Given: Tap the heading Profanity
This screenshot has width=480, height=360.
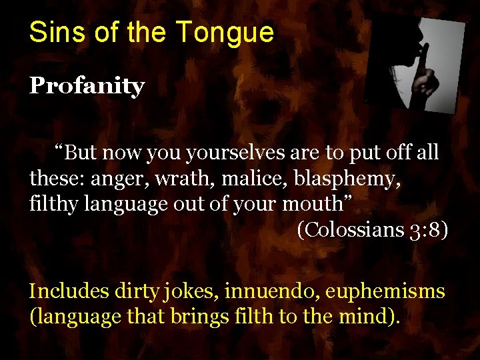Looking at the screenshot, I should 87,87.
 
